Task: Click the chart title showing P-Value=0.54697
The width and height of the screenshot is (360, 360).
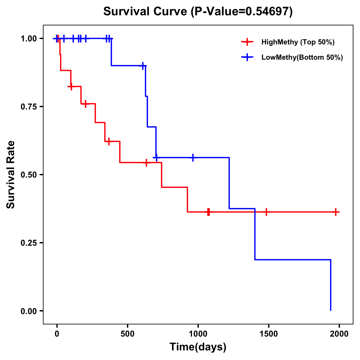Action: [198, 11]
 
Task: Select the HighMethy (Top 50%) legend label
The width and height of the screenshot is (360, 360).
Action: [298, 42]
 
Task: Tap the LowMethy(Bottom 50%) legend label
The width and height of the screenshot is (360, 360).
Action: [302, 57]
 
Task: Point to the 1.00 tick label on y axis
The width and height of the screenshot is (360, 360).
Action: [28, 38]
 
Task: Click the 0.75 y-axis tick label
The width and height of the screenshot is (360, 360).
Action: [28, 106]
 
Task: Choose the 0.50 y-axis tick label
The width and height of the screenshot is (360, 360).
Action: [28, 175]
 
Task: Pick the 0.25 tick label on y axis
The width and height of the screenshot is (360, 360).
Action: [28, 243]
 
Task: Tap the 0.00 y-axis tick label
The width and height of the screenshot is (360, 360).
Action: [28, 311]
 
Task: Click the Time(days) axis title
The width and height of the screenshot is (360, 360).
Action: [198, 347]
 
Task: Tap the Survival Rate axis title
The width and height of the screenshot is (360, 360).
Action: [11, 175]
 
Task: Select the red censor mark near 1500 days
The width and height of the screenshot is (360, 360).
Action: [266, 212]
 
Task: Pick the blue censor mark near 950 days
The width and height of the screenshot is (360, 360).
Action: [193, 157]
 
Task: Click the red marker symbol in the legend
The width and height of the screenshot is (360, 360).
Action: [247, 42]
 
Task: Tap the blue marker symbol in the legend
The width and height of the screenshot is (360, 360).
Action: [247, 57]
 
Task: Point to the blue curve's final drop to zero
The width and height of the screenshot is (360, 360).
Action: [331, 285]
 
